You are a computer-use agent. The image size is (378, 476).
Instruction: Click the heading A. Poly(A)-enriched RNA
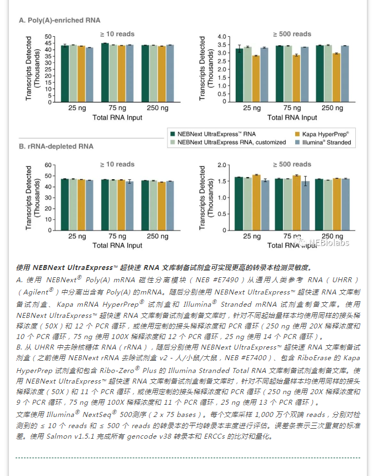click(x=59, y=20)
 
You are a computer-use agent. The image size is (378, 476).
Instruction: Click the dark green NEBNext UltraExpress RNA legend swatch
click(x=173, y=134)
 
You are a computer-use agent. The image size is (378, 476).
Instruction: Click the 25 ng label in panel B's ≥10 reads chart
click(x=77, y=237)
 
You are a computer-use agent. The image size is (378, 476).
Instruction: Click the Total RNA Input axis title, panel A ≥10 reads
click(x=117, y=117)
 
